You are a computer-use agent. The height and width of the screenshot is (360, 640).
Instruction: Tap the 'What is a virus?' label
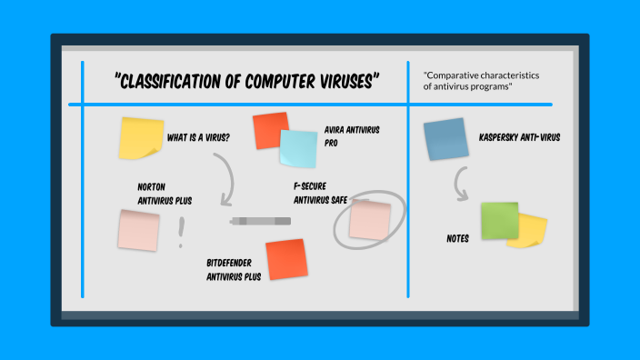(x=198, y=139)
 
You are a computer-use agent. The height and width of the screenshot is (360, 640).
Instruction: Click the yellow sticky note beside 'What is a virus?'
(x=141, y=138)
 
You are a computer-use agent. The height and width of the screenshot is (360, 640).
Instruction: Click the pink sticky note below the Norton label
(x=138, y=228)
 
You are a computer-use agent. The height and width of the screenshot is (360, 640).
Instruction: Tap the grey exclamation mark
(x=181, y=233)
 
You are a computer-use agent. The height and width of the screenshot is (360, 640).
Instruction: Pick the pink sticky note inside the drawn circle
(x=370, y=219)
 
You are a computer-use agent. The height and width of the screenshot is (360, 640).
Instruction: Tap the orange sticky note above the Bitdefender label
(x=285, y=258)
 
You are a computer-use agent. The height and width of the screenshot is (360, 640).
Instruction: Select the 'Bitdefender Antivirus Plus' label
(x=234, y=269)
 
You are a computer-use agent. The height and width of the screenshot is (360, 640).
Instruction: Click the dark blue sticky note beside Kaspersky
(x=445, y=139)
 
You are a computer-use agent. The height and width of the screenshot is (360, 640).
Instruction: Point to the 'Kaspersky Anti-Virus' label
(x=519, y=138)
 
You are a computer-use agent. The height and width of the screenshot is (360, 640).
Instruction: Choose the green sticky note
(x=500, y=221)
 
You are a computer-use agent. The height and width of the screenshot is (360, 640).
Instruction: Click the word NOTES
(x=457, y=239)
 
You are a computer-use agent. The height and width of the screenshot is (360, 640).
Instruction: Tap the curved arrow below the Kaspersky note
(x=461, y=187)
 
